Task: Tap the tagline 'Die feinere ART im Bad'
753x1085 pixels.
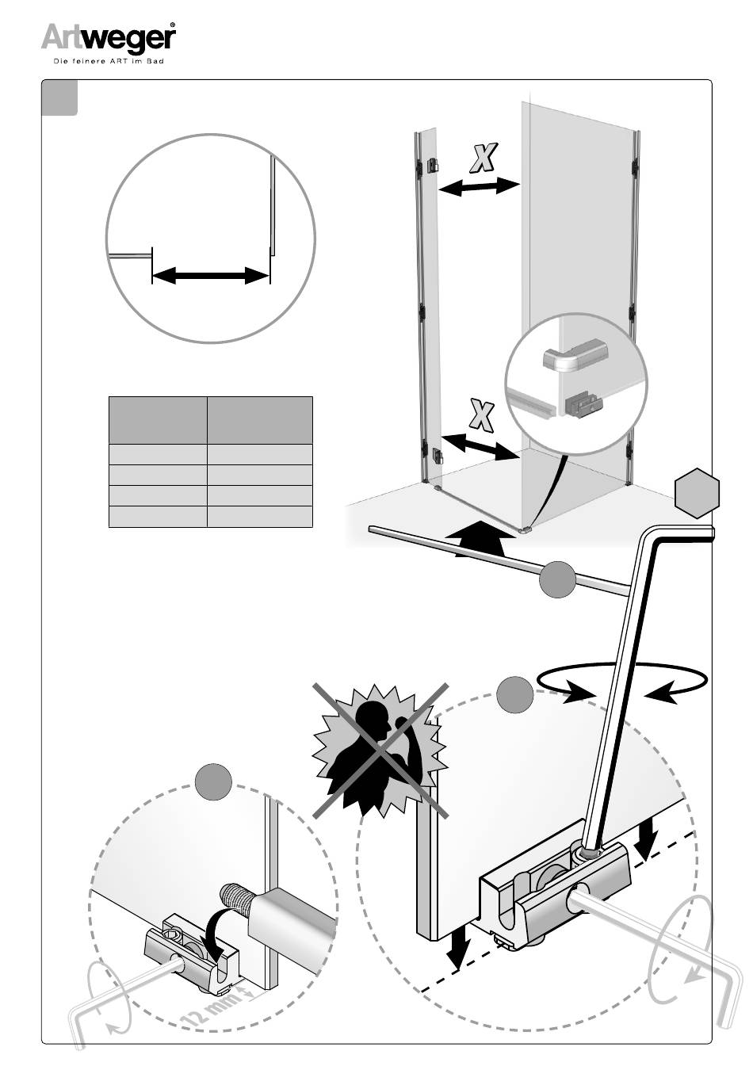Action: coord(108,61)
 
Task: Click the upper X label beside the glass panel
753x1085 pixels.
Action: coord(482,159)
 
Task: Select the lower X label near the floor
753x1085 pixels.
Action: coord(481,416)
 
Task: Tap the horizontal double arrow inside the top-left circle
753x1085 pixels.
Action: coord(211,276)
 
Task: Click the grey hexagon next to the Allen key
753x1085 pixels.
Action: coord(698,493)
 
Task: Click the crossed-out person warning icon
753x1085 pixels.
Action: coord(379,749)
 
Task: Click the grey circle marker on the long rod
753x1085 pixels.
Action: coord(557,580)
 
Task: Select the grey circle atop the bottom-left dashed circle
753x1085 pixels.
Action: coord(213,782)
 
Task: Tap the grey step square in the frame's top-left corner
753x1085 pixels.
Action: coord(60,97)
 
